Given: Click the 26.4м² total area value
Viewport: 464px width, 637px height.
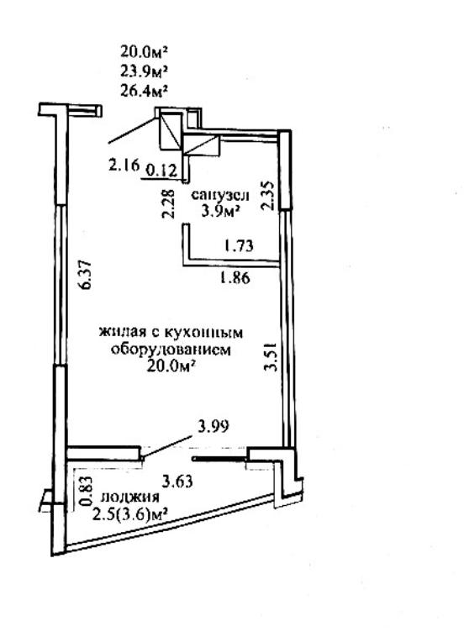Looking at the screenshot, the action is coord(145,91).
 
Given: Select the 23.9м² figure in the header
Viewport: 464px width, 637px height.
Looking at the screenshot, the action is coord(145,71).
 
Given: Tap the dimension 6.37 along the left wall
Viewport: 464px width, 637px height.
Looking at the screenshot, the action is coord(87,275).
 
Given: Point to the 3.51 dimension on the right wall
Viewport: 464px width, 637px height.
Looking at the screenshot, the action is coord(271,356).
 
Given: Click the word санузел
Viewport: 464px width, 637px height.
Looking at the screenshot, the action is coord(220,196).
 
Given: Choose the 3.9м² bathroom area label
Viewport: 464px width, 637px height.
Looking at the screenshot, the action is coord(219,211).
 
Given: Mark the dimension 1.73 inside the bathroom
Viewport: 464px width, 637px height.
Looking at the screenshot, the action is coord(239,245).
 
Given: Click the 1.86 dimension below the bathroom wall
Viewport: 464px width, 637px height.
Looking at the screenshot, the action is coord(235,278).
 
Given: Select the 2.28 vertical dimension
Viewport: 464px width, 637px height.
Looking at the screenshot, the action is coord(168,204).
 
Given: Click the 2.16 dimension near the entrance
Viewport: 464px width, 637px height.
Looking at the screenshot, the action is coord(124,166).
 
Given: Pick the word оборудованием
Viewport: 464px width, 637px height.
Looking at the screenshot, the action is coord(171,350).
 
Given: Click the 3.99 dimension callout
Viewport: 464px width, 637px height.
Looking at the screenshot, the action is coord(213,426).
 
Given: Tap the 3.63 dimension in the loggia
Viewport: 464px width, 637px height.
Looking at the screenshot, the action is coord(177,482).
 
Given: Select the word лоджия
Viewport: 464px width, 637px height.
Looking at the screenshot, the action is coord(130,497).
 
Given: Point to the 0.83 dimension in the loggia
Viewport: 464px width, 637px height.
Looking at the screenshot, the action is coord(87,492).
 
